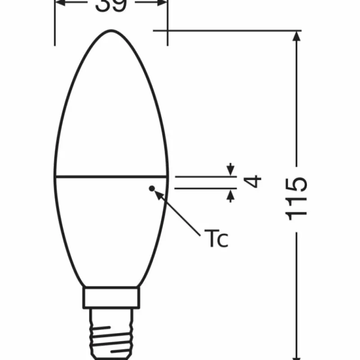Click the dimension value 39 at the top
tap(111, 5)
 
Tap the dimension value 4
tap(255, 182)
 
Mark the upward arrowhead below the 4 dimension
tap(231, 194)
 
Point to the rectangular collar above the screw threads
tap(111, 298)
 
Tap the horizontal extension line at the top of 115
tap(225, 31)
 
